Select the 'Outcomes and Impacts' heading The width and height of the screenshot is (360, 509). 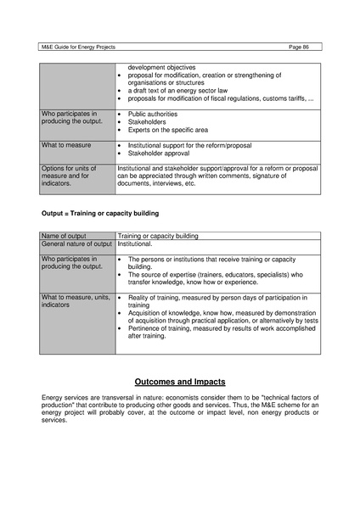point(179,381)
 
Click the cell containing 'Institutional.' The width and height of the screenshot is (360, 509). point(136,243)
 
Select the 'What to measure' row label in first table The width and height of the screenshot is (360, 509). point(66,145)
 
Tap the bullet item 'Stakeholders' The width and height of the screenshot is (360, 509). point(147,122)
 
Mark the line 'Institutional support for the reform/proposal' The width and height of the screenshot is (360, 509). point(194,145)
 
